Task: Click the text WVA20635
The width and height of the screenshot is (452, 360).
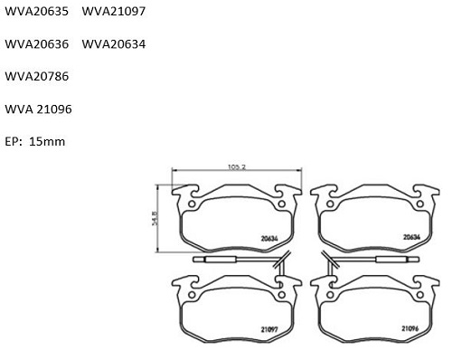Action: [x=37, y=12]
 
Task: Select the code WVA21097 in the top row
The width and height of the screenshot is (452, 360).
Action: [x=114, y=12]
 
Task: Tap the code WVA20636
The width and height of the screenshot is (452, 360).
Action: [x=37, y=44]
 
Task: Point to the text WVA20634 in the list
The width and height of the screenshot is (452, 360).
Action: [x=114, y=44]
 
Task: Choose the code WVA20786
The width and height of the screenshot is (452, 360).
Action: [x=37, y=76]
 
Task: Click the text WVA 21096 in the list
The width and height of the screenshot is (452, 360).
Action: [x=38, y=109]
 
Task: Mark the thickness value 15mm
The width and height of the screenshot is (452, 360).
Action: [x=47, y=141]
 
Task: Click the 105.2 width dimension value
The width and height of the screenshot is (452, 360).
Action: [x=237, y=166]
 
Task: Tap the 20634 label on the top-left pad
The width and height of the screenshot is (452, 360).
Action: [x=269, y=239]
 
